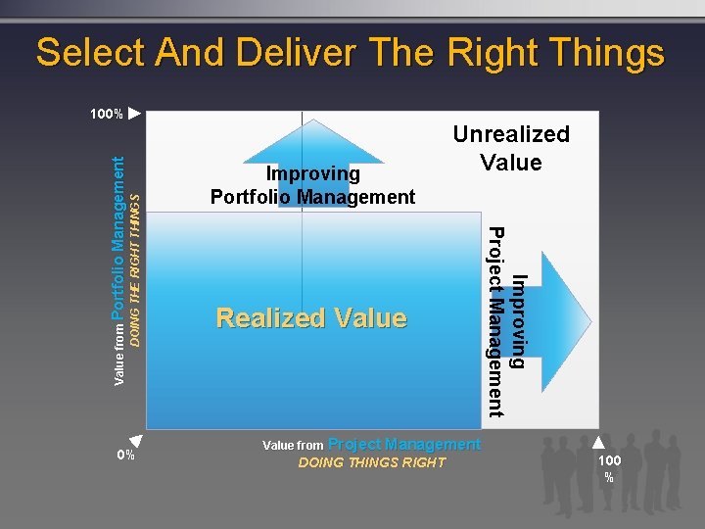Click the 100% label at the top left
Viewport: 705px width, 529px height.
[106, 115]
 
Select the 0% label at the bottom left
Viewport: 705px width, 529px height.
[125, 455]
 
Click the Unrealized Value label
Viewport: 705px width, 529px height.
[510, 148]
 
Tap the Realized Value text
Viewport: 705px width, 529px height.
[310, 318]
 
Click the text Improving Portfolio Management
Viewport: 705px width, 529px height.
[312, 185]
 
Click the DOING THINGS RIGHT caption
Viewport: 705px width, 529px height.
[371, 462]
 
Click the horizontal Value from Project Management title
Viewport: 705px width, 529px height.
[371, 445]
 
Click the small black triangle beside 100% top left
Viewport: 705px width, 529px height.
[135, 114]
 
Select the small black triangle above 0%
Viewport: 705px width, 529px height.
[137, 441]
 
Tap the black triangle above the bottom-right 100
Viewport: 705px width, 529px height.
[598, 442]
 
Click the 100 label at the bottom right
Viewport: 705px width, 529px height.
[609, 459]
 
